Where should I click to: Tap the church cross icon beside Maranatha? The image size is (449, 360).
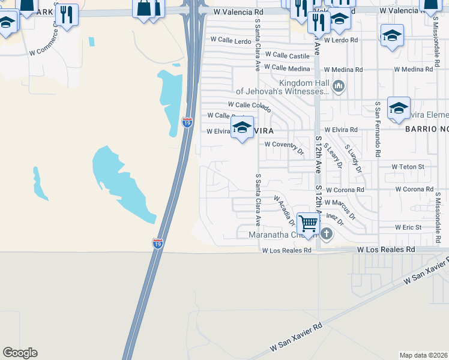click(327, 233)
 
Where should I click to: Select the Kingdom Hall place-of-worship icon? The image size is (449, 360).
click(339, 87)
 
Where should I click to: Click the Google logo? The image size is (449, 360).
click(20, 353)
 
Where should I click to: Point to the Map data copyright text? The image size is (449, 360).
click(423, 355)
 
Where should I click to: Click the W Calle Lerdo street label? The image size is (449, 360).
click(230, 40)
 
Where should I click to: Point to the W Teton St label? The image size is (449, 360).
click(408, 166)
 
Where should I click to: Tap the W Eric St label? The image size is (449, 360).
click(409, 227)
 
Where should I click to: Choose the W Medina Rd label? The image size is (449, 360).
click(414, 70)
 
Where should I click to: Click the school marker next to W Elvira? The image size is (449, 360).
click(242, 128)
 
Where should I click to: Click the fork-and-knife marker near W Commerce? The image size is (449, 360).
click(67, 15)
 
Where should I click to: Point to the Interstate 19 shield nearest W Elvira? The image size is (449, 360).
click(188, 122)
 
